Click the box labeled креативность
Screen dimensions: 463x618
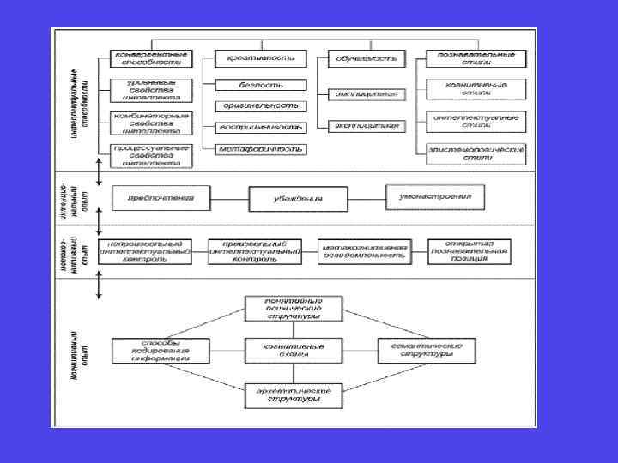click(x=260, y=58)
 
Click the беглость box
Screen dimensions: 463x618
click(x=260, y=85)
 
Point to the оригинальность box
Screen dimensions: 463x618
click(x=260, y=105)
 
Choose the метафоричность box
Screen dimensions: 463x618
click(x=260, y=148)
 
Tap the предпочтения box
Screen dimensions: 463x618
click(x=160, y=198)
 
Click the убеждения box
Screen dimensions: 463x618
click(x=298, y=199)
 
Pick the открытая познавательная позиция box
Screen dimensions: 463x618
click(x=468, y=250)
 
